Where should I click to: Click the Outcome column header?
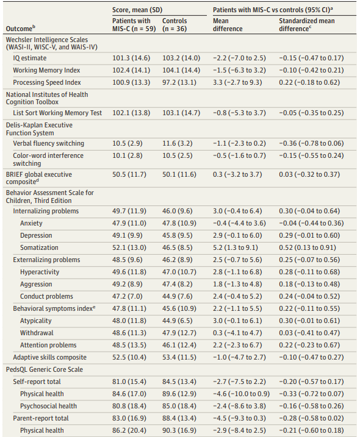tap(20, 28)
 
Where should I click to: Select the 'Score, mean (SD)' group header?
tap(137, 10)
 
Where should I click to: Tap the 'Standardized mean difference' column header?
tap(307, 24)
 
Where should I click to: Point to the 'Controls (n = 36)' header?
tap(175, 24)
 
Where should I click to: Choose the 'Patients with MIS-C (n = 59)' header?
tap(134, 24)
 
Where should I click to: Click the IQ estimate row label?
tap(30, 58)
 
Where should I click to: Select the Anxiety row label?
tap(31, 223)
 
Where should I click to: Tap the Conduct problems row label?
tap(46, 296)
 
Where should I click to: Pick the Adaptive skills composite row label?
tap(50, 357)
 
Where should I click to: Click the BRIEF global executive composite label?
tap(39, 178)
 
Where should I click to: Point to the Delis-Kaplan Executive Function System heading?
tap(39, 129)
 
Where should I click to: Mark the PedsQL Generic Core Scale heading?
tap(45, 369)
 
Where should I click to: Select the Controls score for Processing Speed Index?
tap(179, 82)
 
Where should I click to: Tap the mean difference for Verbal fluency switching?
tap(239, 143)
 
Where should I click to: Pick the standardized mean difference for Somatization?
tap(308, 247)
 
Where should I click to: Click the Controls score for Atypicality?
tap(178, 321)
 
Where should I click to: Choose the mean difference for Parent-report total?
tap(239, 418)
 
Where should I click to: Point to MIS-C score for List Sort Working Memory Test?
tap(131, 113)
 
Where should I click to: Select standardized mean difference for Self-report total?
tap(311, 382)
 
